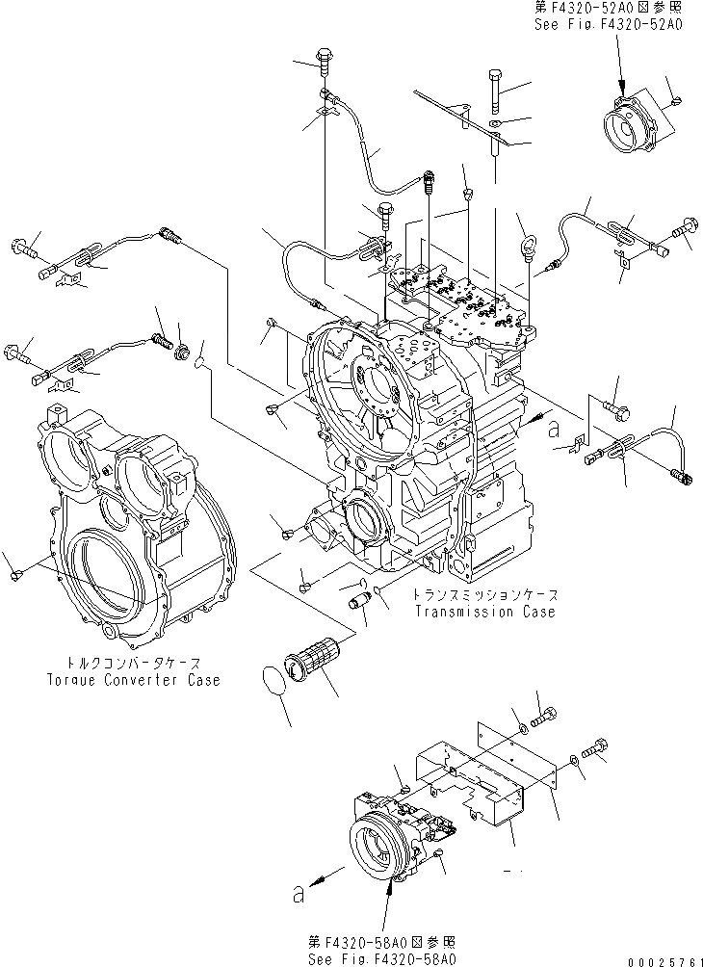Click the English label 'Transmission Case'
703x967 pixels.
coord(484,613)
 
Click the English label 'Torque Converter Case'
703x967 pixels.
coord(133,680)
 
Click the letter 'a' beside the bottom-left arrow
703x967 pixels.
coord(299,895)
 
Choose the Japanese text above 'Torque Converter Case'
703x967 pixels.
coord(134,664)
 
